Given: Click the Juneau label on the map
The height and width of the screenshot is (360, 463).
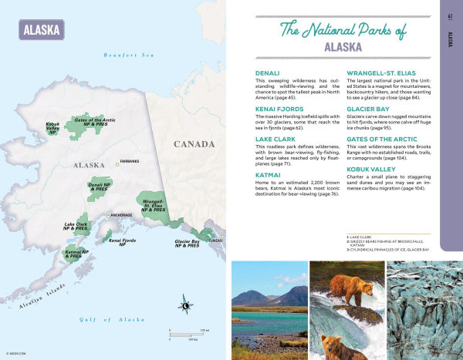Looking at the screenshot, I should [x=215, y=240].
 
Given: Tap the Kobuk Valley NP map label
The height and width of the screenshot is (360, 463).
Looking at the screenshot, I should [x=53, y=128].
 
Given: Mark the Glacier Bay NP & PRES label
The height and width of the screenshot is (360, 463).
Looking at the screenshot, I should [x=183, y=244].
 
